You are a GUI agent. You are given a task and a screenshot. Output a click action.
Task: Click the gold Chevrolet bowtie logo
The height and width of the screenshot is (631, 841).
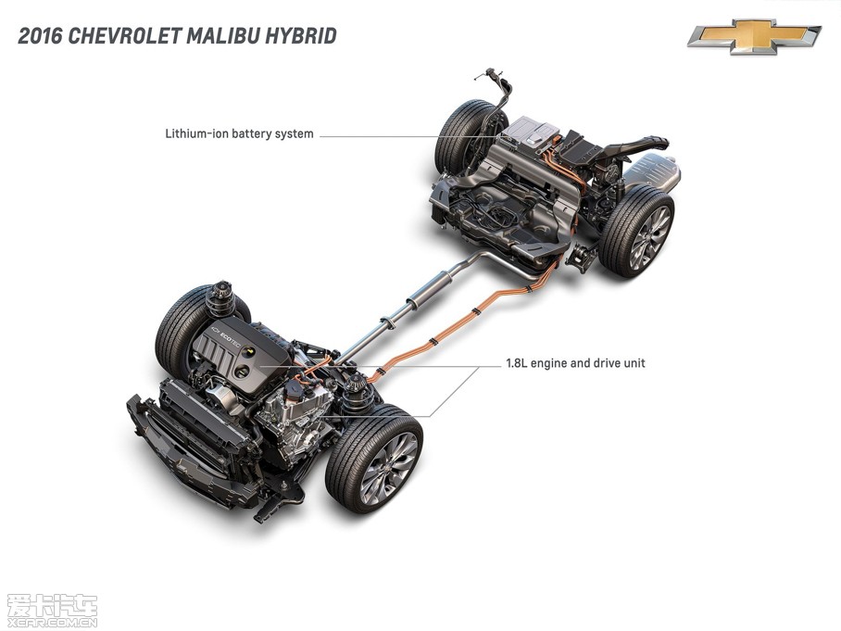(x=754, y=36)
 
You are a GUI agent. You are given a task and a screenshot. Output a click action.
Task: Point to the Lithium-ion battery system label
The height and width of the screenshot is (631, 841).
(x=239, y=134)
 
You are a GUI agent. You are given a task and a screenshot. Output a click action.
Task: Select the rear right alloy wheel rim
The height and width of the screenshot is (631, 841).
(x=649, y=237)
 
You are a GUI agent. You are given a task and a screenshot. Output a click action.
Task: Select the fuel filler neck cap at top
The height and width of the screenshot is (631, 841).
(x=483, y=73)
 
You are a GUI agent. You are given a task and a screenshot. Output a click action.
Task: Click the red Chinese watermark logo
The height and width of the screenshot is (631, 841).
(x=51, y=608)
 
